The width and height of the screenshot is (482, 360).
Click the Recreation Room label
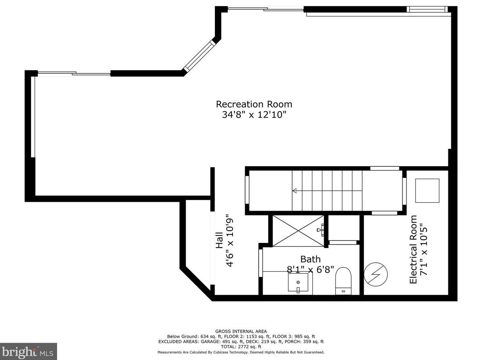pyautogui.click(x=254, y=104)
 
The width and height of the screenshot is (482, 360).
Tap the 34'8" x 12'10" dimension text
pyautogui.click(x=254, y=115)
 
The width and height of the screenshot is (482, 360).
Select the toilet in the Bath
pyautogui.click(x=343, y=281)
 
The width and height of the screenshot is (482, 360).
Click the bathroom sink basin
pyautogui.click(x=298, y=283)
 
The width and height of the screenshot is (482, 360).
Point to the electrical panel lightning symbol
pyautogui.click(x=376, y=275)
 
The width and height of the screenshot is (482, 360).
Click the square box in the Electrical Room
pyautogui.click(x=427, y=191)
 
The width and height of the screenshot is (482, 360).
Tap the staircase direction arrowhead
pyautogui.click(x=294, y=191)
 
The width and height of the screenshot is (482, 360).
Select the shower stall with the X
pyautogui.click(x=298, y=231)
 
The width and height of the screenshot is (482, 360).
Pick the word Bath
pyautogui.click(x=310, y=259)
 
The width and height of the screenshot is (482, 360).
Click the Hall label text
pyautogui.click(x=219, y=240)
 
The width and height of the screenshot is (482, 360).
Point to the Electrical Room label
pyautogui.click(x=413, y=250)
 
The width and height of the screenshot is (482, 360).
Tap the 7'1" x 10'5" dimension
pyautogui.click(x=424, y=250)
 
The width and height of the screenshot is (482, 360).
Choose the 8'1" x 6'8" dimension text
pyautogui.click(x=310, y=269)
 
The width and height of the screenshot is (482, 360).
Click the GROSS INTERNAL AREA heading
pyautogui.click(x=241, y=332)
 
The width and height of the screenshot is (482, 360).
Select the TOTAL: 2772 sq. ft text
pyautogui.click(x=241, y=347)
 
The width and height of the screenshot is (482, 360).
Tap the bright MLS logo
pyautogui.click(x=28, y=352)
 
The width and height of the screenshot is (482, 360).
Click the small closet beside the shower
pyautogui.click(x=344, y=228)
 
